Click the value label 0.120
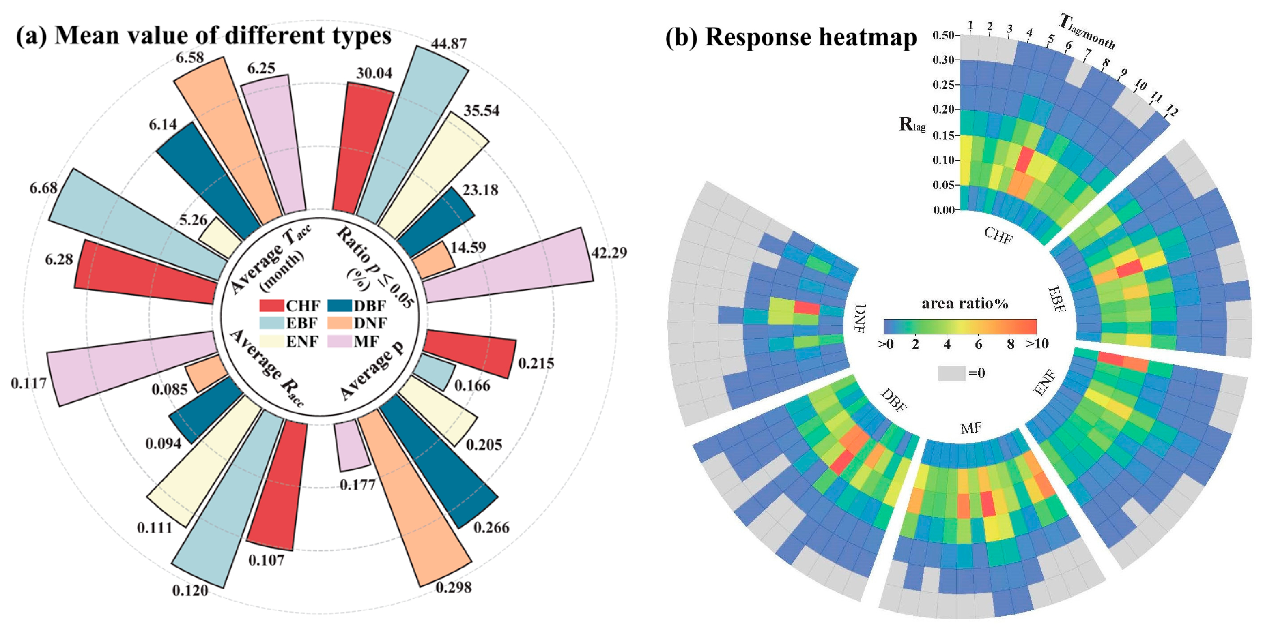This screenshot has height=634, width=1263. click(190, 590)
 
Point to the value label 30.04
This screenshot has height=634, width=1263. click(374, 73)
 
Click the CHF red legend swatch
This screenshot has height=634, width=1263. click(271, 306)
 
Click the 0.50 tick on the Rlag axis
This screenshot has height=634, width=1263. click(943, 35)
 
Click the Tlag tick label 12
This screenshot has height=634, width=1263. click(1171, 111)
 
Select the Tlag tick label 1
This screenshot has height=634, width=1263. click(970, 24)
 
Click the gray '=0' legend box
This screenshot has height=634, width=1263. click(952, 373)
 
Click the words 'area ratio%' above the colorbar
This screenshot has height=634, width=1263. click(964, 304)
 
